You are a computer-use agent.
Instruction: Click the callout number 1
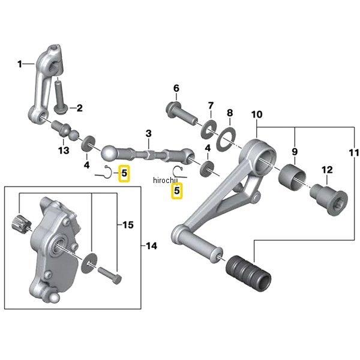(20, 64)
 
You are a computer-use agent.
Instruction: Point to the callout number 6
(176, 89)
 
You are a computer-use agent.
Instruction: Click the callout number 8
(229, 113)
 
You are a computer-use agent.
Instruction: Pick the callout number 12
(327, 170)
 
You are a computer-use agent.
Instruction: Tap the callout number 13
(62, 150)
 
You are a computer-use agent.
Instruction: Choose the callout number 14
(151, 246)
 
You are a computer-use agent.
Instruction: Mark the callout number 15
(127, 225)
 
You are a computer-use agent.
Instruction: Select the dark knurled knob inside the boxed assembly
(21, 225)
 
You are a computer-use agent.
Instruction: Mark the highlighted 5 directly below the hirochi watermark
(176, 191)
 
